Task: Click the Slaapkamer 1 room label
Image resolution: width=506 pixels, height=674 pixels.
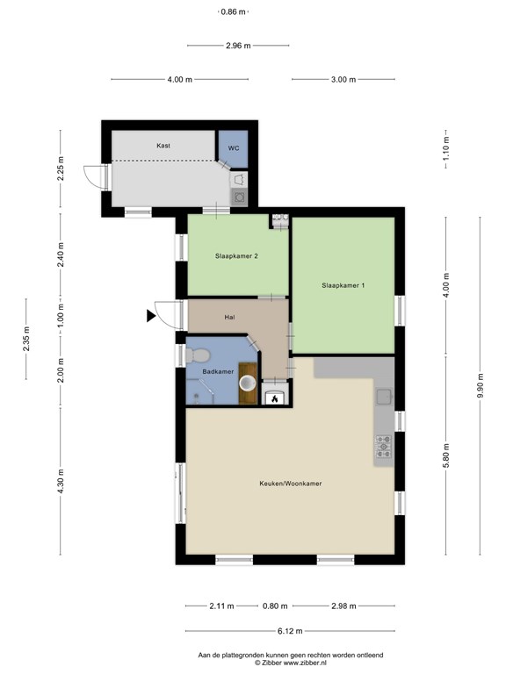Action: click(x=343, y=285)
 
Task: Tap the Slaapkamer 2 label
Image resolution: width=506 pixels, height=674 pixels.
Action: click(x=236, y=256)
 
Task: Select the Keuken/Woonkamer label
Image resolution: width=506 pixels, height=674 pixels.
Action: click(x=291, y=484)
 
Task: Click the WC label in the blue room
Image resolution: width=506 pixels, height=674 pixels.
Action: click(x=234, y=148)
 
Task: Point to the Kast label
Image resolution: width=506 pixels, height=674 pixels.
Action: click(x=163, y=146)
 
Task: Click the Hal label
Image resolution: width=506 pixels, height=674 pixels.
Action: click(x=229, y=318)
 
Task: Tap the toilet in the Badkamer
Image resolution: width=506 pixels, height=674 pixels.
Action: click(x=198, y=355)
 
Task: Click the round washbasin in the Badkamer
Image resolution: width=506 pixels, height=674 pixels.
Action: click(x=248, y=383)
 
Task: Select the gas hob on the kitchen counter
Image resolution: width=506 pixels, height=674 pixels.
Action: click(x=383, y=446)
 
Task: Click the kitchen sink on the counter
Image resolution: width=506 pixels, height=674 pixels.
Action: click(x=384, y=397)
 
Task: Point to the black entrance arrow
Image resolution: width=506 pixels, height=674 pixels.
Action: click(x=150, y=316)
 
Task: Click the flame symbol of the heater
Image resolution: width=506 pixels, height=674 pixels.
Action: click(x=274, y=399)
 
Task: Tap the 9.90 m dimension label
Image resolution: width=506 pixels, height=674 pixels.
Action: click(x=481, y=385)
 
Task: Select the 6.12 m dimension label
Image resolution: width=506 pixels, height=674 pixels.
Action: click(x=290, y=631)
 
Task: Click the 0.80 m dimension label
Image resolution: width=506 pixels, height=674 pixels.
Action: click(x=275, y=606)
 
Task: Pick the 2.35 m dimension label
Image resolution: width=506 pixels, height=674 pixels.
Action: click(x=26, y=339)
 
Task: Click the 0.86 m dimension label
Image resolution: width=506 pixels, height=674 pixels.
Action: click(x=233, y=12)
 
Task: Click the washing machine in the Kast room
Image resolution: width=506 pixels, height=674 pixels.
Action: click(x=239, y=197)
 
